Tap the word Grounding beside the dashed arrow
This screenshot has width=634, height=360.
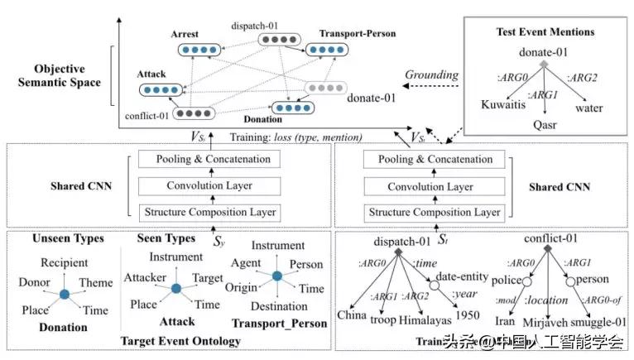point(430,76)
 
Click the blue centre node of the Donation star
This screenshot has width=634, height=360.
point(65,294)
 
